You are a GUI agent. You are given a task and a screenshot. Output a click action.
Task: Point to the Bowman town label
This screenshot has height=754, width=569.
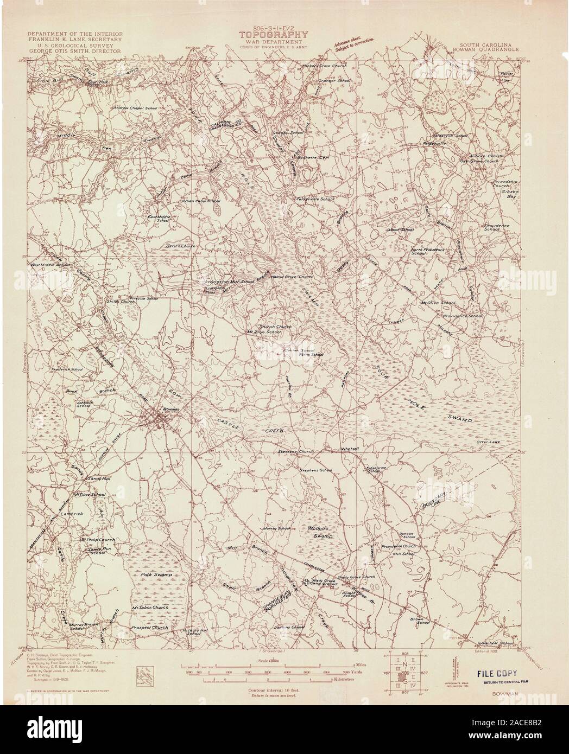(170, 410)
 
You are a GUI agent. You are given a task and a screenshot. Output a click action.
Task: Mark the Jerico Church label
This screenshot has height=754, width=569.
(180, 246)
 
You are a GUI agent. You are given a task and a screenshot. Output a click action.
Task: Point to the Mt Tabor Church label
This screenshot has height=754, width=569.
(150, 608)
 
